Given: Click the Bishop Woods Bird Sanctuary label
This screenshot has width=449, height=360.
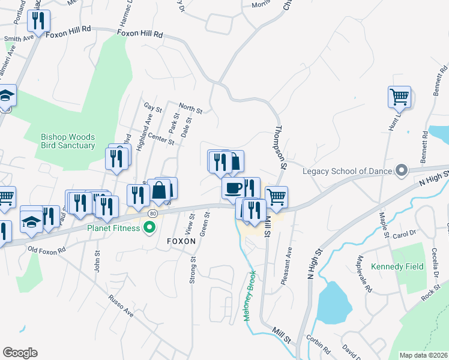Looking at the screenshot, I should pos(68,141).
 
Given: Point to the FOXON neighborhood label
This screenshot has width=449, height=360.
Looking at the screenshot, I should pos(181,241).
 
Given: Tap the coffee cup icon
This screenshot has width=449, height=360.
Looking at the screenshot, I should pos(232,187).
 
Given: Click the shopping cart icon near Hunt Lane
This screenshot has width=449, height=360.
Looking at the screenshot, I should pos(399,97).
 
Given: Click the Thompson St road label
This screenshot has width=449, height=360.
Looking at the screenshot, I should pos(280,148).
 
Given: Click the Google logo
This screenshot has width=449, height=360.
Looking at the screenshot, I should pos(20,353).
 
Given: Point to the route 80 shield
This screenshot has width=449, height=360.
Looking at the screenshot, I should pos(153,213).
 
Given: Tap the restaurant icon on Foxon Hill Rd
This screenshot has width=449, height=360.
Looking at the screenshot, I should pos(39,21).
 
